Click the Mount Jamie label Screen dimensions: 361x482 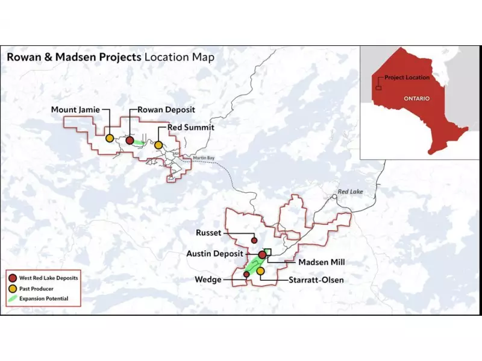[x=76, y=110]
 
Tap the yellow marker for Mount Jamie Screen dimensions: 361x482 [x=110, y=138]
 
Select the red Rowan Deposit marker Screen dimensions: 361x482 [x=130, y=140]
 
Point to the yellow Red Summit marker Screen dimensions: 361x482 [x=158, y=145]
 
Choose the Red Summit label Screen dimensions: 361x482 [x=191, y=128]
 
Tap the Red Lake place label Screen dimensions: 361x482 [x=351, y=191]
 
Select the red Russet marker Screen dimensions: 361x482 [x=254, y=240]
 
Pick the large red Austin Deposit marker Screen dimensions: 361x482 [x=263, y=255]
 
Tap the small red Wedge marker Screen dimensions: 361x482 [x=246, y=275]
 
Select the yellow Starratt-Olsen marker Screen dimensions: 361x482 [x=260, y=272]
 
